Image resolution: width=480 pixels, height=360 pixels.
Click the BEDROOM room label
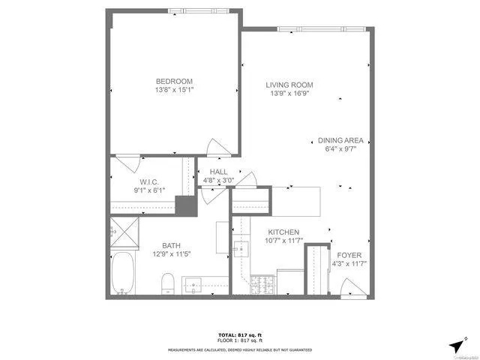tap(174, 82)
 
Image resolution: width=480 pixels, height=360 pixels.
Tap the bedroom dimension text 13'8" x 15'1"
tap(174, 91)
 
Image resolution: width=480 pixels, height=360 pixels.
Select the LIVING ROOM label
tap(289, 85)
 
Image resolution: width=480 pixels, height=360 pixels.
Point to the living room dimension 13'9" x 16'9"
tap(289, 94)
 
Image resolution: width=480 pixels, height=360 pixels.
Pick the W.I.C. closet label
tap(148, 182)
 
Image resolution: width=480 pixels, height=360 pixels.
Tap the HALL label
tap(218, 172)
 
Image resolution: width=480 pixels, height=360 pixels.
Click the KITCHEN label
tap(283, 232)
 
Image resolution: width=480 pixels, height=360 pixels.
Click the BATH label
tap(172, 245)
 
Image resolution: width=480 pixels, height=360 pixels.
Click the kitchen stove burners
tap(264, 286)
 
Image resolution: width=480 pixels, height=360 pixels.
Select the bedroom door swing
tap(215, 147)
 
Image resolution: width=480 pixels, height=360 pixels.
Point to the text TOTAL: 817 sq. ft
tap(239, 334)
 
